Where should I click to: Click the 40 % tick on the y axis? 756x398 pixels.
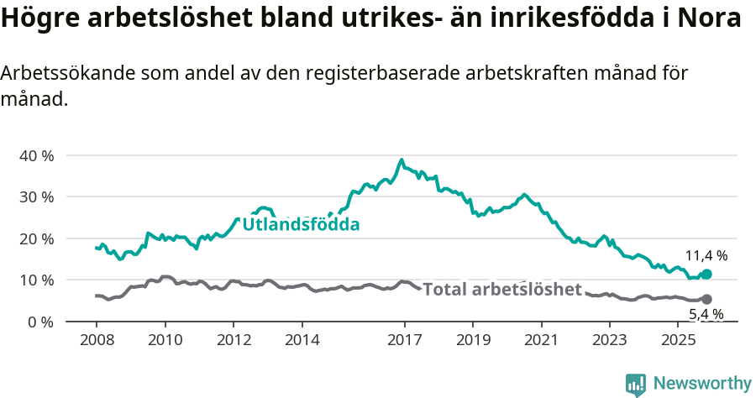pos(36,155)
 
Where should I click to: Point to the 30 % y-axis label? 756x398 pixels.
pos(36,196)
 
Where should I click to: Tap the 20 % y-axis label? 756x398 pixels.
pos(36,238)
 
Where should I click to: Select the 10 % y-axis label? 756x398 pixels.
pos(36,280)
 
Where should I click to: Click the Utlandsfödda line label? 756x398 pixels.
pos(301,225)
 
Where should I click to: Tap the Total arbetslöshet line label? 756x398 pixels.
pos(502,290)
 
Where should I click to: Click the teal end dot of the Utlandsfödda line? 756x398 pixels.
pos(706,274)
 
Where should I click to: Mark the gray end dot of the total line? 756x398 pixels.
pos(706,299)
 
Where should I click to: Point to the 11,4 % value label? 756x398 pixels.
pos(706,255)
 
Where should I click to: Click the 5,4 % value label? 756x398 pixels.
pos(706,315)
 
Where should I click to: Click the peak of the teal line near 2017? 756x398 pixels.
pos(402,160)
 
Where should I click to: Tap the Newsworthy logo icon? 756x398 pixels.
pos(636,384)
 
